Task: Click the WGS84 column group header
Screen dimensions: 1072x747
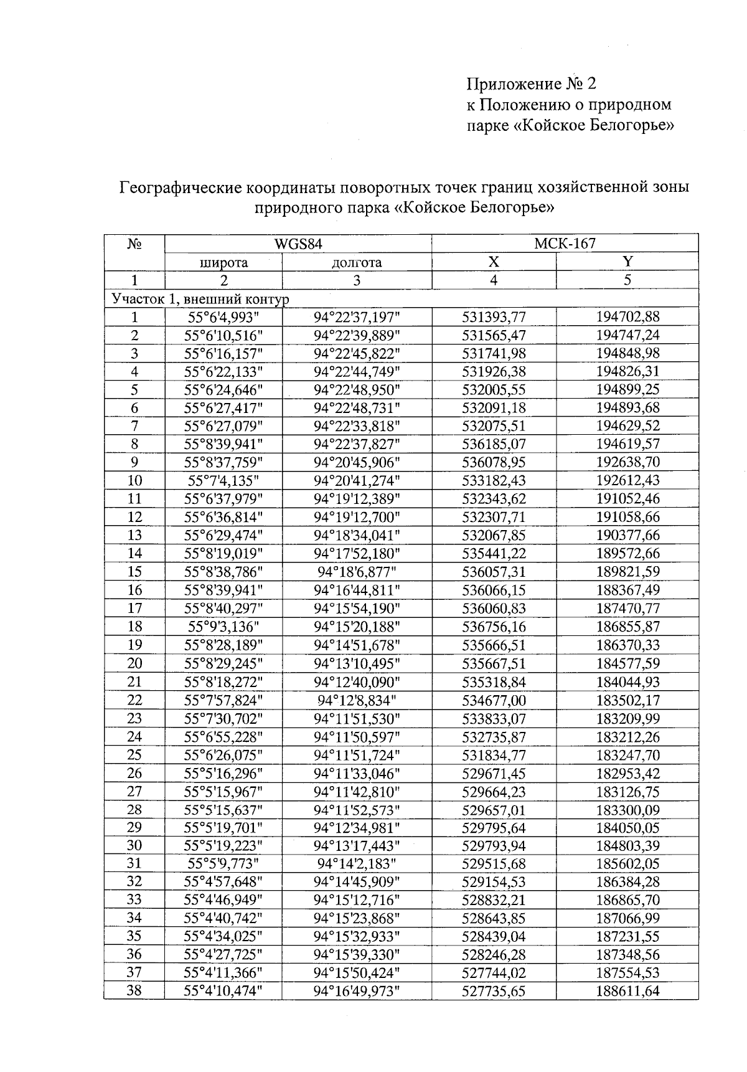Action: pos(298,244)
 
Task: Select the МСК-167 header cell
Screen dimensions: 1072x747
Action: pos(565,244)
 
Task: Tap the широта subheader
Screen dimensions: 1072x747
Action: pos(223,262)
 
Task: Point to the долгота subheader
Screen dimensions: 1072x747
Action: pos(357,262)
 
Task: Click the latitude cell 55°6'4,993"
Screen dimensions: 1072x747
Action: pos(223,317)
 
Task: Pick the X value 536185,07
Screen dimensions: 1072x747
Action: pos(494,444)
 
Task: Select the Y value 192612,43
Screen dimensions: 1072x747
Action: pos(627,480)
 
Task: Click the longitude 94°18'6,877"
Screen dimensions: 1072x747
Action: pos(357,572)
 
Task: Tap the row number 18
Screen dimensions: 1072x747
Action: pos(134,627)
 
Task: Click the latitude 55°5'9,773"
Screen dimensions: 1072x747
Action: pos(223,864)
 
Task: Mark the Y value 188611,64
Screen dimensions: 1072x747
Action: pos(627,991)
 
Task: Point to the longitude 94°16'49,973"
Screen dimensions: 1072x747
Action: pos(357,991)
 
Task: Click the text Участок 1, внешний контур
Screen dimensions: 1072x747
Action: pos(200,299)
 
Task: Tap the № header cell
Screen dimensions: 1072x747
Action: pos(134,244)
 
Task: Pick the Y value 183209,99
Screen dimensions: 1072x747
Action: pos(627,718)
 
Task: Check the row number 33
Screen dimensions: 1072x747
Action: pos(134,900)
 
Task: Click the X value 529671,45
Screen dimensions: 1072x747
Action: pos(494,773)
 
